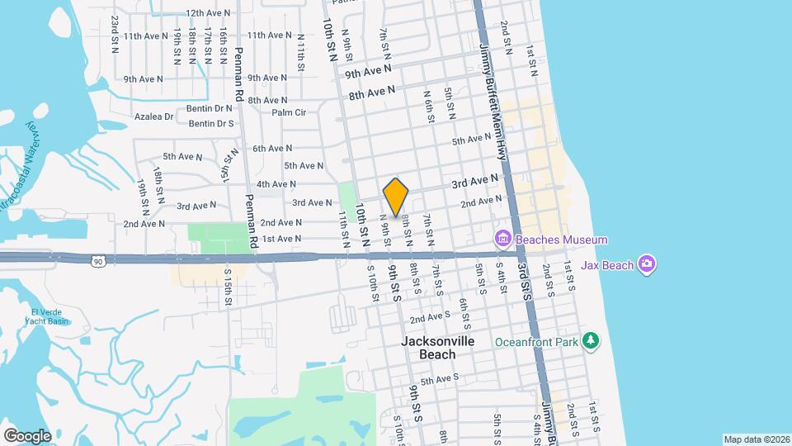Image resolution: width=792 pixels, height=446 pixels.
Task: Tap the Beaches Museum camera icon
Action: (502, 240)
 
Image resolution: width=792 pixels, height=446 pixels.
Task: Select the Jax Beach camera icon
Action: (648, 265)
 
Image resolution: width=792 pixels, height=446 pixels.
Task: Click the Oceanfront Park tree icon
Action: (590, 341)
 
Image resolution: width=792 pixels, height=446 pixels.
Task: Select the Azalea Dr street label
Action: (155, 116)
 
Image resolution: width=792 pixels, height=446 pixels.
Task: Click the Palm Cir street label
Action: (289, 112)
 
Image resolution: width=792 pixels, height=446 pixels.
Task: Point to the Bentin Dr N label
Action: (211, 108)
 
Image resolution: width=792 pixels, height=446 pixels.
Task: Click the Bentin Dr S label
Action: (211, 124)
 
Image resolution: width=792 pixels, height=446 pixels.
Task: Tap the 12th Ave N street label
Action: (206, 13)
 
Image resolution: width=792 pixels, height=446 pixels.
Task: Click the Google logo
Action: (27, 435)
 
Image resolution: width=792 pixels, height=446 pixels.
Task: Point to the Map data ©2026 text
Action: (755, 439)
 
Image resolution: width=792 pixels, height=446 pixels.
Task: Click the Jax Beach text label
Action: (611, 265)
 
